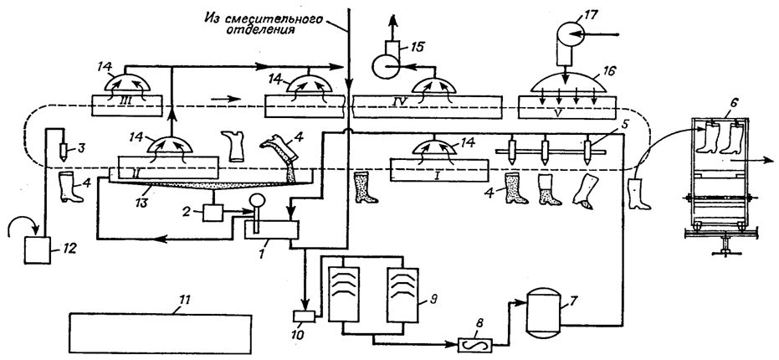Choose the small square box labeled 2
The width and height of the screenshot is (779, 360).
[x=213, y=214]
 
